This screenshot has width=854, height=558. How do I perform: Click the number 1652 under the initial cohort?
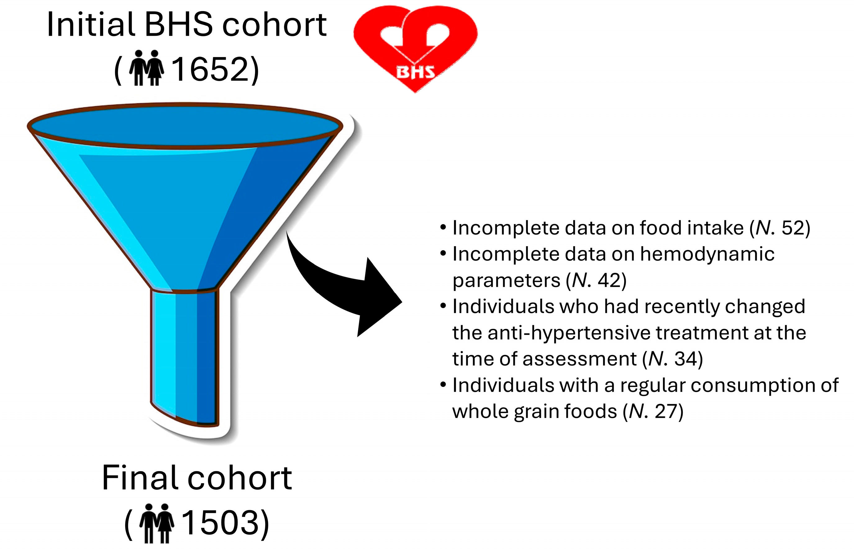tap(210, 69)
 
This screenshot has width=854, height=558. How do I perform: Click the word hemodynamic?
tap(707, 254)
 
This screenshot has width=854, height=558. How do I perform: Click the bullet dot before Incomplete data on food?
tap(443, 228)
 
